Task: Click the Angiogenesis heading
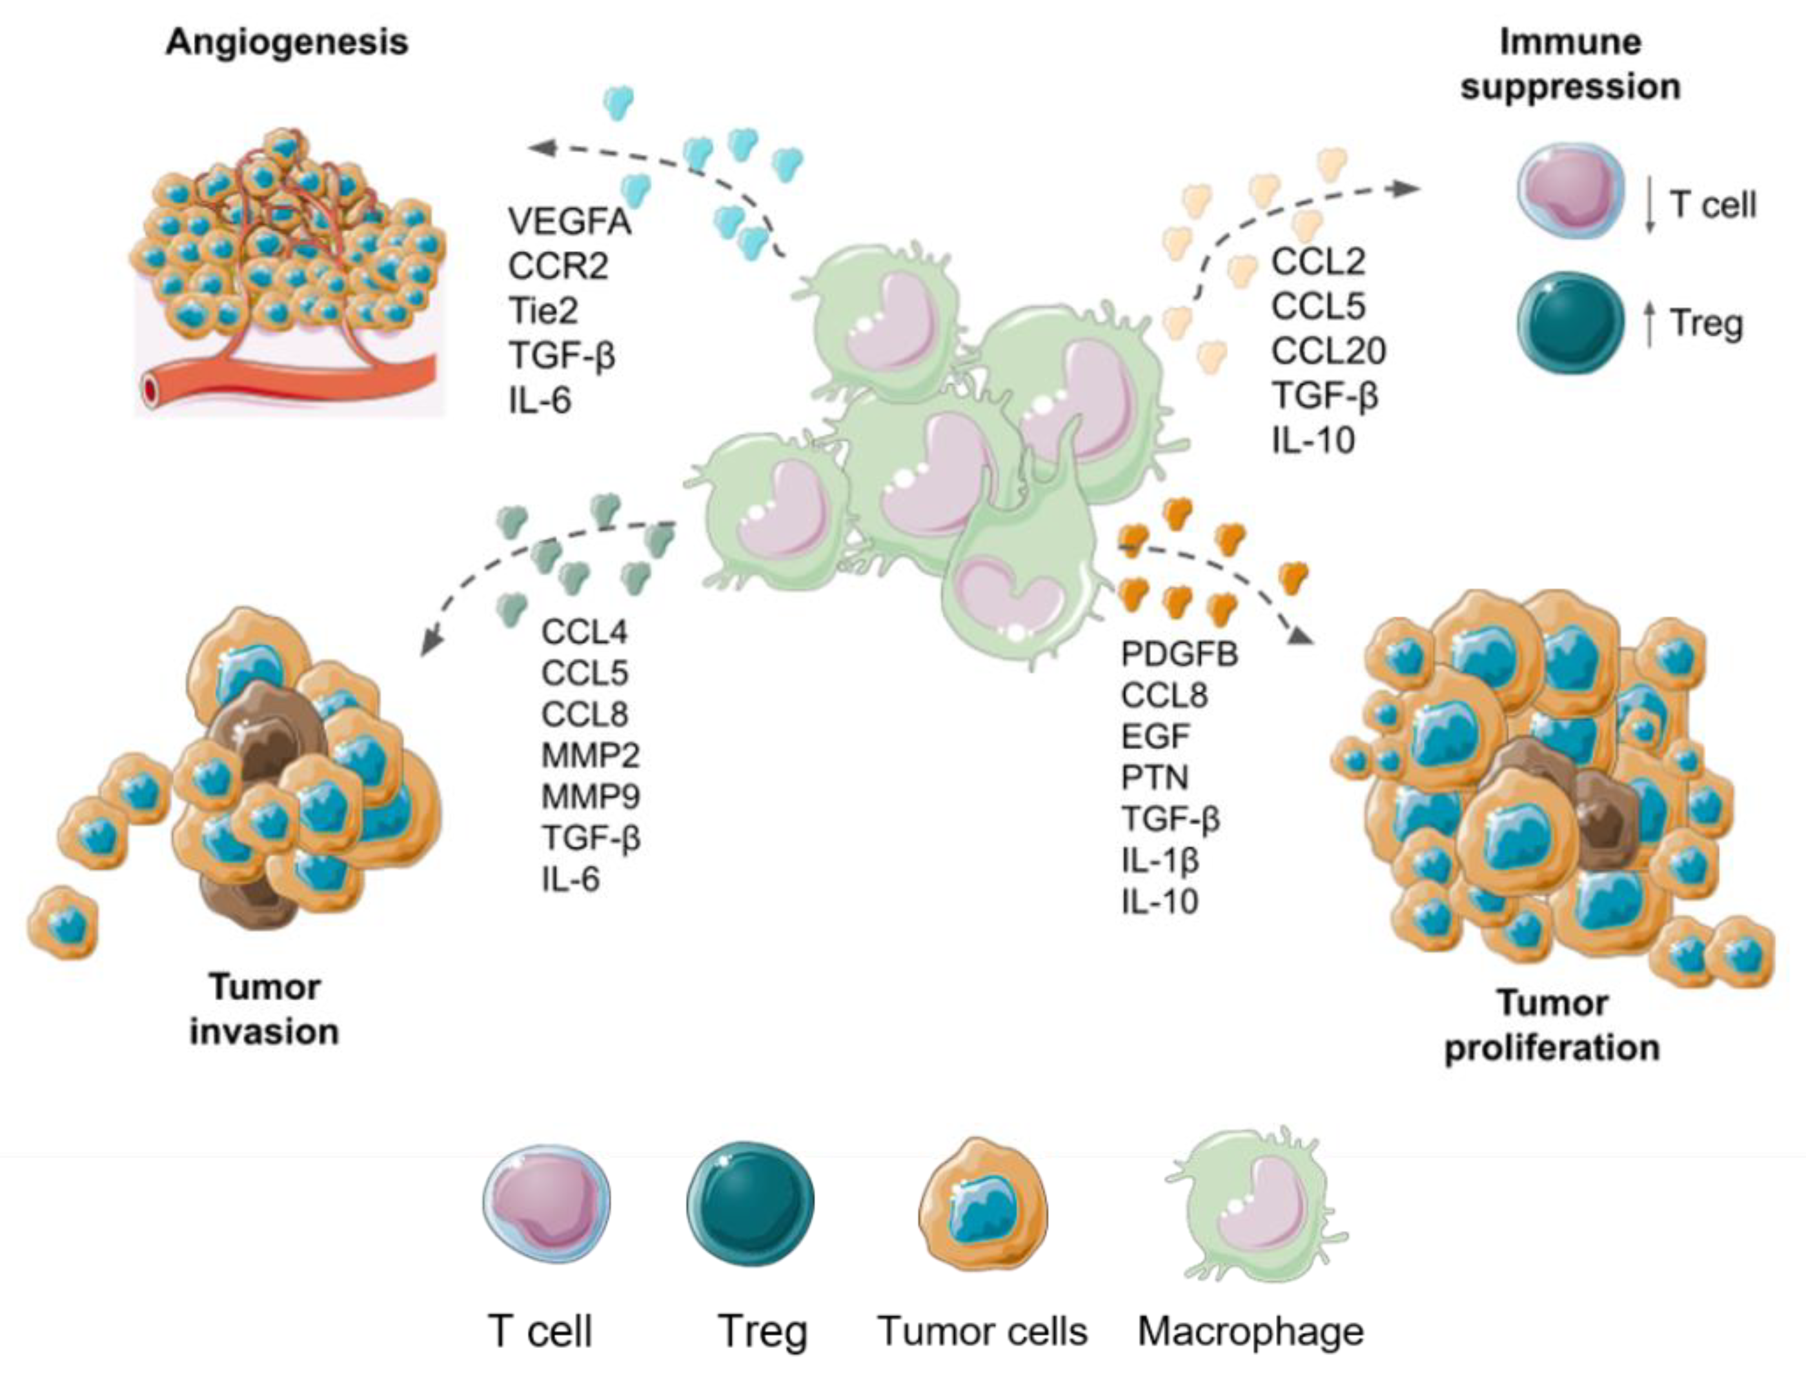[x=287, y=42]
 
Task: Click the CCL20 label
[x=1328, y=351]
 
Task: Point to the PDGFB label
[x=1179, y=654]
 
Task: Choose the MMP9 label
[x=590, y=796]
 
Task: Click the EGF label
[x=1155, y=736]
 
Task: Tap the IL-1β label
[x=1160, y=859]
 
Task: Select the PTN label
[x=1154, y=777]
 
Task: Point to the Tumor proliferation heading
[x=1552, y=1025]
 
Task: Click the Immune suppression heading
[x=1570, y=64]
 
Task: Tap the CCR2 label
[x=558, y=266]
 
